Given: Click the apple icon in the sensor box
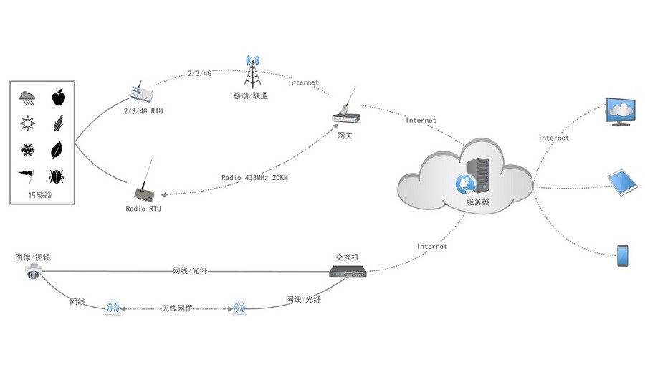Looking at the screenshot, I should coord(58,97).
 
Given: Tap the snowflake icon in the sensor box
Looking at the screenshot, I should coord(27,150).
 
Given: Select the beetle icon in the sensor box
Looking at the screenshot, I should coord(58,176).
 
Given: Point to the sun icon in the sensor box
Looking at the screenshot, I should coord(27,123).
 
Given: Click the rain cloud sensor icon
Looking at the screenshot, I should coord(27,97).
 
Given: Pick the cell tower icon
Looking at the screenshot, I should coord(252,71).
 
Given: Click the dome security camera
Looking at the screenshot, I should coord(33,271).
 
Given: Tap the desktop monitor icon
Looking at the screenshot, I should coord(621,112).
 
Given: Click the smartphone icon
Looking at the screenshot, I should coord(622,255).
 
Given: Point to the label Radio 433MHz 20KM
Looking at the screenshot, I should coord(255,177).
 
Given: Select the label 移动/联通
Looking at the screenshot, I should coord(251,95).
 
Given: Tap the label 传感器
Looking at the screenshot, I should coord(41,194).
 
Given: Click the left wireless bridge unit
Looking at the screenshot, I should coord(113,308).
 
